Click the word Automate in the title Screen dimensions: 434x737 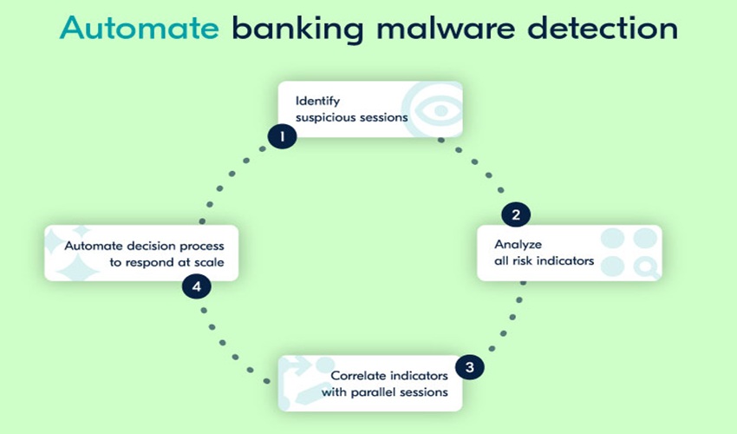[x=140, y=29]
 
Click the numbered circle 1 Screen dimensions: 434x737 [x=282, y=135]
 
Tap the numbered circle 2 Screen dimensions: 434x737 [x=515, y=214]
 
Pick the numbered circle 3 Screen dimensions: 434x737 [x=469, y=366]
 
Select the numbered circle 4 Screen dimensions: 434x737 [x=196, y=286]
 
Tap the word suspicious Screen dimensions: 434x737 [x=325, y=118]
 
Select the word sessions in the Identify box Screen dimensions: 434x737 [x=386, y=118]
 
